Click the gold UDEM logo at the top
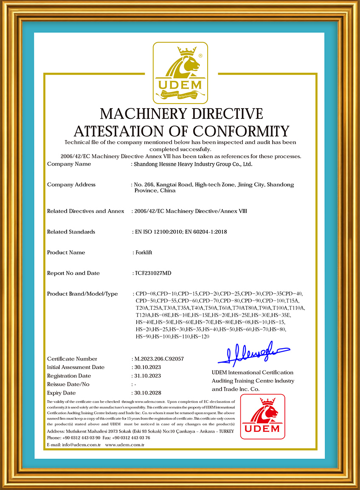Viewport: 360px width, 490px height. point(180,73)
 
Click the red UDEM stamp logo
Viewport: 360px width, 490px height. point(262,417)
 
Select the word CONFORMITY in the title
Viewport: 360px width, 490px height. point(241,131)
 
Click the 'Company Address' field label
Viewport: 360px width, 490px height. point(71,185)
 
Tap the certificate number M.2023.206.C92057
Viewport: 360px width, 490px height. point(159,359)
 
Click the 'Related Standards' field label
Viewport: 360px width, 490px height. point(71,232)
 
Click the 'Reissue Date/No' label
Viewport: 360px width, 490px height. point(68,384)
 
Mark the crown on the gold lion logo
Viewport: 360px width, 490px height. point(185,52)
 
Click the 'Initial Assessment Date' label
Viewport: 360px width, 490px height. point(76,367)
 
